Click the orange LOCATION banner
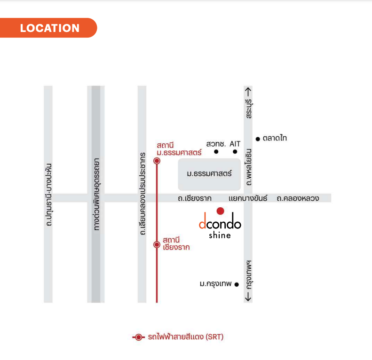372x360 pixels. coord(48,28)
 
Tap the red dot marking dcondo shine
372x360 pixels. coord(221,211)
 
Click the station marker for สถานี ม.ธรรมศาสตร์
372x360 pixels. coord(157,161)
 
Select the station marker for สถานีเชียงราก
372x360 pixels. coord(157,244)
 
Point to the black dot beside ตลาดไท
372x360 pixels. coord(258,139)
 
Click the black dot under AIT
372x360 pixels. coord(235,151)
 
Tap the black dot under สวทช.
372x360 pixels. coord(216,151)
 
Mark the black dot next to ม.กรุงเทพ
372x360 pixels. coord(237,284)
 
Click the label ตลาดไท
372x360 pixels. coord(275,138)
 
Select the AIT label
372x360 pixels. coord(235,144)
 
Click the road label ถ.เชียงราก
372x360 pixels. coord(195,198)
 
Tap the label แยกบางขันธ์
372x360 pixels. coord(248,198)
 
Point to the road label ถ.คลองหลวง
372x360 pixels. coord(298,198)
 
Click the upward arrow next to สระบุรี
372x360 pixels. coord(248,92)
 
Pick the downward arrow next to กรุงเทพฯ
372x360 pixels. coord(248,297)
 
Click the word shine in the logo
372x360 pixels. coord(220,235)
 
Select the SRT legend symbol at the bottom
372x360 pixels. coord(139,337)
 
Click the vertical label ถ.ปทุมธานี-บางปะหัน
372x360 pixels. coord(48,195)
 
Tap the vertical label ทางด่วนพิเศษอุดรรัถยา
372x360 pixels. coord(96,194)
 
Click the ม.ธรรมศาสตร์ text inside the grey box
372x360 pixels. coord(209,173)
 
